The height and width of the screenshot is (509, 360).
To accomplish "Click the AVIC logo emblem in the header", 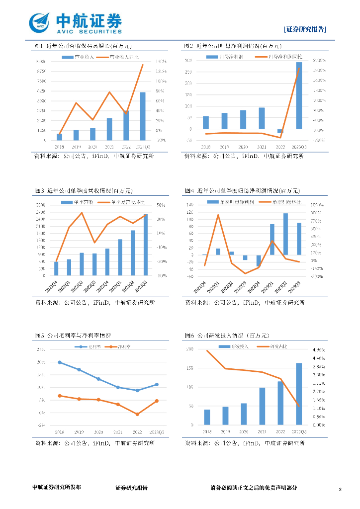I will (39, 22).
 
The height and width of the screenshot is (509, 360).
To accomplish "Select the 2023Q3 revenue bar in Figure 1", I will (143, 116).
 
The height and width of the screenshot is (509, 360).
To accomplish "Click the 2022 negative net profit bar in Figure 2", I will (279, 131).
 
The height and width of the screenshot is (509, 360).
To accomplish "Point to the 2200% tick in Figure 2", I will (319, 61).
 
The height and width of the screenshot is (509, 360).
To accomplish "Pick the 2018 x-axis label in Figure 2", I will (205, 147).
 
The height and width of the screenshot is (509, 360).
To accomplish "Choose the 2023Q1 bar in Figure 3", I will (120, 257).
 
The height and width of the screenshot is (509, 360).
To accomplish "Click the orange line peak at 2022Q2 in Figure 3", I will (82, 213).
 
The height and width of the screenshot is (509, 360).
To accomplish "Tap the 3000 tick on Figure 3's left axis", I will (41, 205).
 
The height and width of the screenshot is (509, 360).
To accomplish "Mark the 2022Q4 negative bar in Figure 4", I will (259, 260).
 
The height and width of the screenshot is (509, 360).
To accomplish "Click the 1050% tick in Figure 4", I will (317, 205).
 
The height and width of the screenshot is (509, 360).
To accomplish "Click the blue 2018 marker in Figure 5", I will (60, 362).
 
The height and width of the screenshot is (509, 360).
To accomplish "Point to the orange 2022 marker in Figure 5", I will (137, 414).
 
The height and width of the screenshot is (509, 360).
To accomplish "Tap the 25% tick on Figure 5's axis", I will (42, 349).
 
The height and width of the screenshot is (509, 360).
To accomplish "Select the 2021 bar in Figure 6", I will (262, 406).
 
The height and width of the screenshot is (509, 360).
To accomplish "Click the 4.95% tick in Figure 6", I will (319, 349).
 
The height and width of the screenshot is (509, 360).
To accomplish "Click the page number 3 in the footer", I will (340, 490).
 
